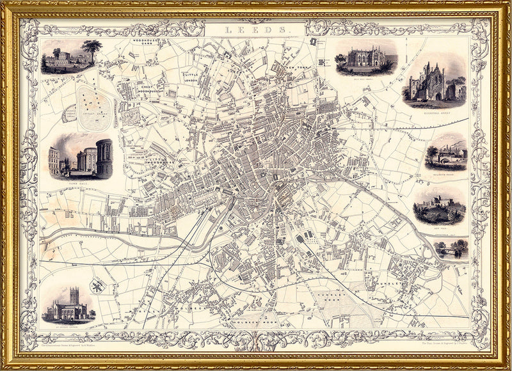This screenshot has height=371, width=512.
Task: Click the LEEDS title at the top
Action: (256, 29)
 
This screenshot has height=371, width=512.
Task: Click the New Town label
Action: (297, 68)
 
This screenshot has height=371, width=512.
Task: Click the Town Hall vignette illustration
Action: (80, 157)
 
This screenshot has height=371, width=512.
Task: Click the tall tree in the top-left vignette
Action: (92, 50)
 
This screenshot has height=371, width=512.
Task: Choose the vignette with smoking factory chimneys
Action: (447, 154)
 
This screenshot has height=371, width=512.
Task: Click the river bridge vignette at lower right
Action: (451, 249)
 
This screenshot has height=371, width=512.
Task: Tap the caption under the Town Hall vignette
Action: (79, 182)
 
